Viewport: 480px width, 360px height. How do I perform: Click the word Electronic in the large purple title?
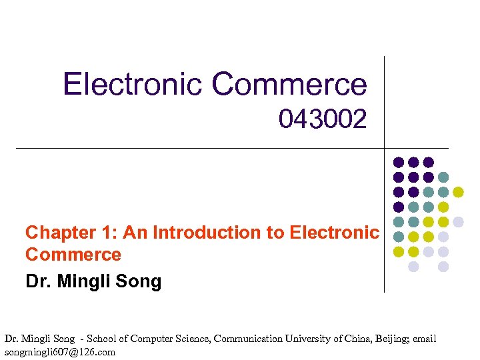coord(133,85)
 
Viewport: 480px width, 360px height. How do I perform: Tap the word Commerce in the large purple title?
coord(289,85)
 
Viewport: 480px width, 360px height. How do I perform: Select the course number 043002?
coord(323,120)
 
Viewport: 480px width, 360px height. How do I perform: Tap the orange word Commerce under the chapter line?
coord(73,255)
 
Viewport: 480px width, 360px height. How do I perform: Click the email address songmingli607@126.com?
coord(60,352)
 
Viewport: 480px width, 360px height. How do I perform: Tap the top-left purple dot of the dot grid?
coord(399,162)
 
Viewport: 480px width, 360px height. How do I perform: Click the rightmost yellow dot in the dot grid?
coord(459,192)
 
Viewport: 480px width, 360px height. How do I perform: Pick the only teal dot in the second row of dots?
coord(443,177)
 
